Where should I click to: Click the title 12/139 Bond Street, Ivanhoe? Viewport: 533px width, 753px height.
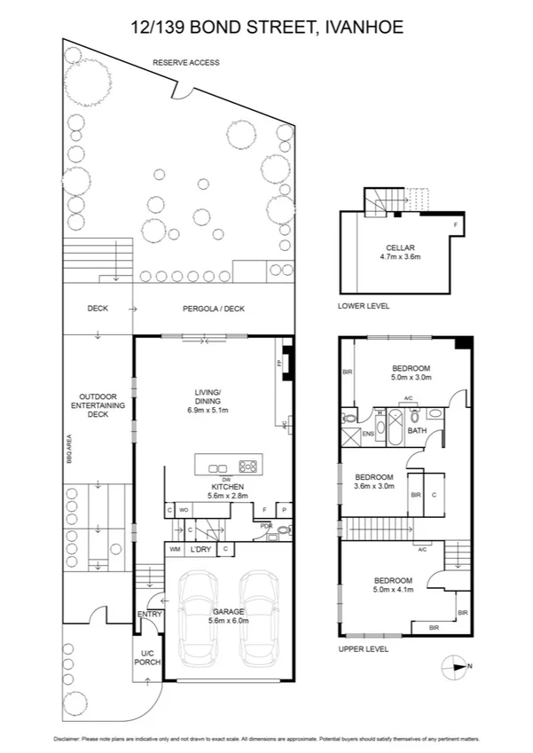pyautogui.click(x=266, y=27)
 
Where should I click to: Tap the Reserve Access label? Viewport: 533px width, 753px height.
pyautogui.click(x=185, y=63)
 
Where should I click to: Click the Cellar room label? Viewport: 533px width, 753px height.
pyautogui.click(x=400, y=247)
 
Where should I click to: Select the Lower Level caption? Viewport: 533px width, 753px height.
pyautogui.click(x=364, y=306)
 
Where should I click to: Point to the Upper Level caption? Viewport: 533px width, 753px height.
pyautogui.click(x=364, y=648)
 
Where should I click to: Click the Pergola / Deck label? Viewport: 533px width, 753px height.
pyautogui.click(x=216, y=309)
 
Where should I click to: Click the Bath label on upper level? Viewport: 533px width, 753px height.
pyautogui.click(x=418, y=431)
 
